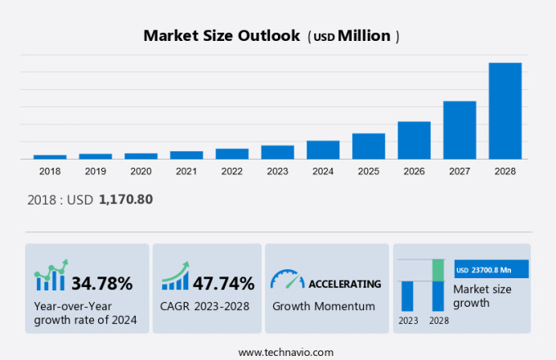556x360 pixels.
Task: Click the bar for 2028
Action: [504, 110]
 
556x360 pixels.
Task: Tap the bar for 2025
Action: [368, 146]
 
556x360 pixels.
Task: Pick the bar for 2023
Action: [277, 152]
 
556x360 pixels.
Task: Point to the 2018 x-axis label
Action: [50, 171]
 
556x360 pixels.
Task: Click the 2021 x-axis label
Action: [186, 171]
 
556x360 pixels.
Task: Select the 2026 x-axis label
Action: [414, 171]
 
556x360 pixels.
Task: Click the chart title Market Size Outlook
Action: [221, 36]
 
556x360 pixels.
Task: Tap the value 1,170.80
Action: [126, 199]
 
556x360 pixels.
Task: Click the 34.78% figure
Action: [102, 284]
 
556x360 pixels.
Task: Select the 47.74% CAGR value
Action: [223, 284]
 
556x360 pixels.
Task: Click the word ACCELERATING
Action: [344, 284]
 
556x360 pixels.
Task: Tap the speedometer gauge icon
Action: [287, 280]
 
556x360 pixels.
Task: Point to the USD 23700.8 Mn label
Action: [491, 269]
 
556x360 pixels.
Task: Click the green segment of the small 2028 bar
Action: [437, 270]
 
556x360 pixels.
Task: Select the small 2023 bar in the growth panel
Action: [406, 295]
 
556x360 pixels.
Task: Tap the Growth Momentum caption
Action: [323, 306]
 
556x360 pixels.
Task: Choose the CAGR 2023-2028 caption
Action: [204, 306]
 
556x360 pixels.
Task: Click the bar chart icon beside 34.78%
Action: [51, 277]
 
